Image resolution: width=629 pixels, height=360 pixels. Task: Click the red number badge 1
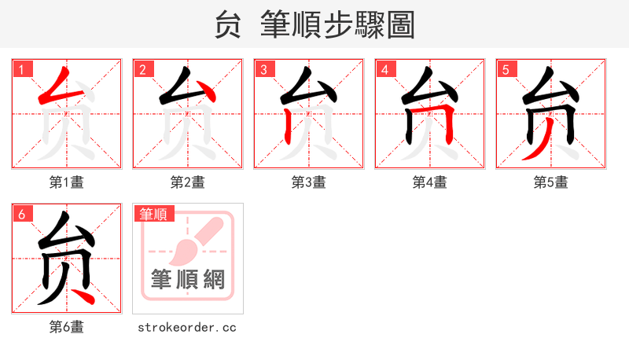click(21, 69)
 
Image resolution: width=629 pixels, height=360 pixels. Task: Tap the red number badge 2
click(142, 69)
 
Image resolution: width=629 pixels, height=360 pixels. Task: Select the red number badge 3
click(263, 69)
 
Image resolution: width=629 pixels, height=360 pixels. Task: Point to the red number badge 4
click(384, 69)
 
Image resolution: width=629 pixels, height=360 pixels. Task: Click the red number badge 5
click(506, 69)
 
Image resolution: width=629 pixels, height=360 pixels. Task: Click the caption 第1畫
click(67, 182)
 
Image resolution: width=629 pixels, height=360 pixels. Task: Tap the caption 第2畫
click(188, 182)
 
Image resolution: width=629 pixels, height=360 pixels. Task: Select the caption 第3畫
click(309, 182)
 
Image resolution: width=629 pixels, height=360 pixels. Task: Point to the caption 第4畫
click(430, 182)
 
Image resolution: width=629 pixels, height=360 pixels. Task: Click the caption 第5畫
click(551, 182)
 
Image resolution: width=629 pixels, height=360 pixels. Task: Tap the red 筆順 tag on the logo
click(154, 214)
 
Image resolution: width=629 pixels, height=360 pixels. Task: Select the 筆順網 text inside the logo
click(188, 280)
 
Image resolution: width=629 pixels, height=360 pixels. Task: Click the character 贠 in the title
click(228, 25)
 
